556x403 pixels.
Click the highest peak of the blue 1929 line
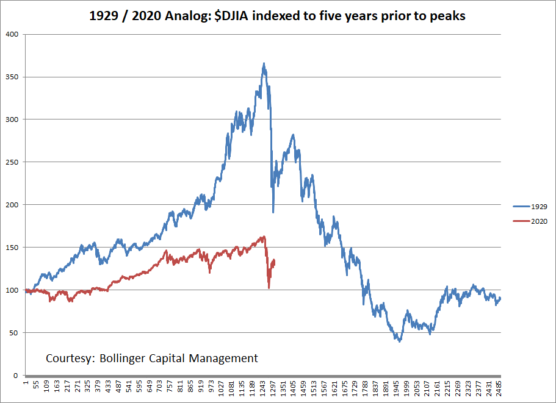(x=264, y=63)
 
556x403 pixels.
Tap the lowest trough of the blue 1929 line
(x=400, y=341)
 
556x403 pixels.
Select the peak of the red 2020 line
(x=263, y=237)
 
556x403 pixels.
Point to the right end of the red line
(x=275, y=261)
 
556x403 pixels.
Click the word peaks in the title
(x=449, y=16)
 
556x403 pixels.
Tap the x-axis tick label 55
(x=36, y=390)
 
